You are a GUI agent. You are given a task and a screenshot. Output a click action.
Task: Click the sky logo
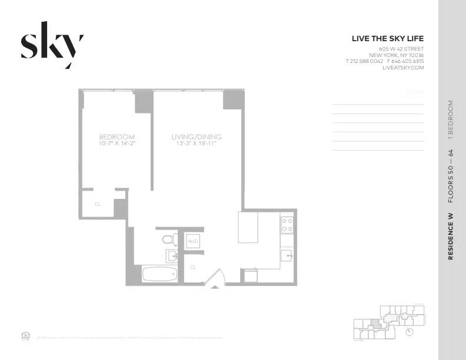pos(52,45)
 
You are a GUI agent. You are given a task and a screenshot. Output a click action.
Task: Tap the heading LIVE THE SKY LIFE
pos(387,39)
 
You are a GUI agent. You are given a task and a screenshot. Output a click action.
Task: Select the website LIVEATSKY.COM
pos(403,68)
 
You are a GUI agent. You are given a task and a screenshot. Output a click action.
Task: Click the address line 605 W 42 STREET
pos(401,49)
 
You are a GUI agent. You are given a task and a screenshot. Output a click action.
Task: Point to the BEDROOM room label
pos(116,137)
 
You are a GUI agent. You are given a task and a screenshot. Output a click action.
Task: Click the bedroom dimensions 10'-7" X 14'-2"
pos(116,144)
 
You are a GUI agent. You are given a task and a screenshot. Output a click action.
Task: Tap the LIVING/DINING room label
pos(197,137)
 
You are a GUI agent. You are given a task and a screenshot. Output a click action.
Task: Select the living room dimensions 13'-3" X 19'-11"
pos(197,144)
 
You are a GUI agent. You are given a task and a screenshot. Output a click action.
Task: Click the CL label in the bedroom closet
pos(98,205)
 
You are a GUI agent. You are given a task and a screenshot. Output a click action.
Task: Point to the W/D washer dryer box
pos(192,241)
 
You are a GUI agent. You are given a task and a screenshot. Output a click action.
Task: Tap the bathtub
pos(159,274)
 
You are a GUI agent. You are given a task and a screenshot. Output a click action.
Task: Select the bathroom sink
pos(172,255)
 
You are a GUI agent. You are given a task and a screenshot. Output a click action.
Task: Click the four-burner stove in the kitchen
pos(287,225)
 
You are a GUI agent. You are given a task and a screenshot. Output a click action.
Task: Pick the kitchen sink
pos(286,255)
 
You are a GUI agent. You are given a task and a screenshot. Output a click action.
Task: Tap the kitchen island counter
pos(248,227)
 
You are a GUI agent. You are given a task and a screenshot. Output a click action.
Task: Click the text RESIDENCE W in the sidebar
pos(451,236)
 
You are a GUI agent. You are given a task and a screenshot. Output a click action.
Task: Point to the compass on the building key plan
pos(410,332)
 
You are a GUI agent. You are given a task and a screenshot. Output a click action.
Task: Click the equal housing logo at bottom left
pos(25,336)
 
